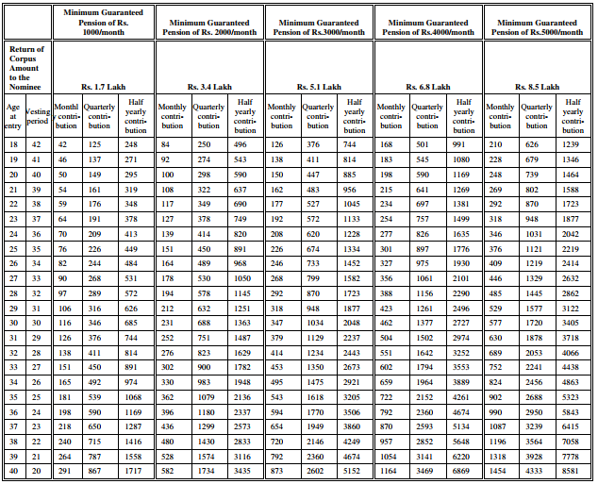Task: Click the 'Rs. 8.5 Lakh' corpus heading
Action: tap(537, 87)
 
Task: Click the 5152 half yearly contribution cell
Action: tap(352, 470)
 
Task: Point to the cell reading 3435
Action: tap(242, 470)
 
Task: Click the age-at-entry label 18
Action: tap(13, 144)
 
